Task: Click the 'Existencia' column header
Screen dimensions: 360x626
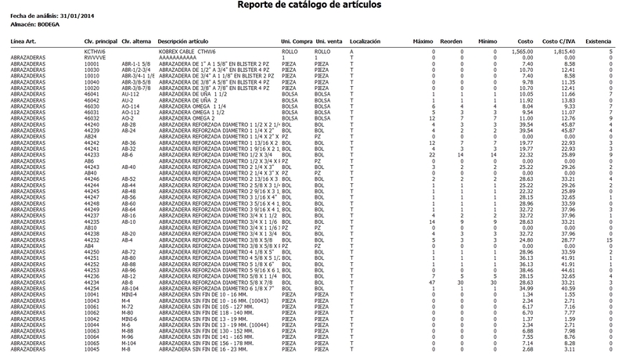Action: (599, 40)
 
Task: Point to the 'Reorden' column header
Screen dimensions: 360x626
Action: (452, 40)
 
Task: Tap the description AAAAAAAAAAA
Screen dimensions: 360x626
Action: (178, 58)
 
